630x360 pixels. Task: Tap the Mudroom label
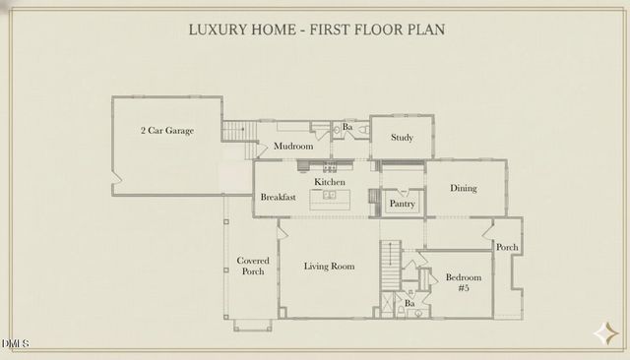(x=292, y=146)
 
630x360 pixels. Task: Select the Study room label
(x=402, y=138)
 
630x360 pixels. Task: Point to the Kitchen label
(x=330, y=183)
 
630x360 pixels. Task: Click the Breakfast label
(x=279, y=198)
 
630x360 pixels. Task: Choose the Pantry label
(x=402, y=204)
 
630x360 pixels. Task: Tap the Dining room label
(x=464, y=188)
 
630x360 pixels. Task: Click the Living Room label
(x=329, y=267)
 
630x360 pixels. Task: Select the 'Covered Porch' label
(x=253, y=266)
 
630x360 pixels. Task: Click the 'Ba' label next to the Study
(x=347, y=128)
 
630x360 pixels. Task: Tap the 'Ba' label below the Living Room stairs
(x=409, y=304)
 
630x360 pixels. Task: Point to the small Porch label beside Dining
(x=507, y=247)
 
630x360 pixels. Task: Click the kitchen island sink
(x=330, y=196)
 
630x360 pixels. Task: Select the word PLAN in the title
(x=424, y=30)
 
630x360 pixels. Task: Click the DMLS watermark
(x=17, y=343)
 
